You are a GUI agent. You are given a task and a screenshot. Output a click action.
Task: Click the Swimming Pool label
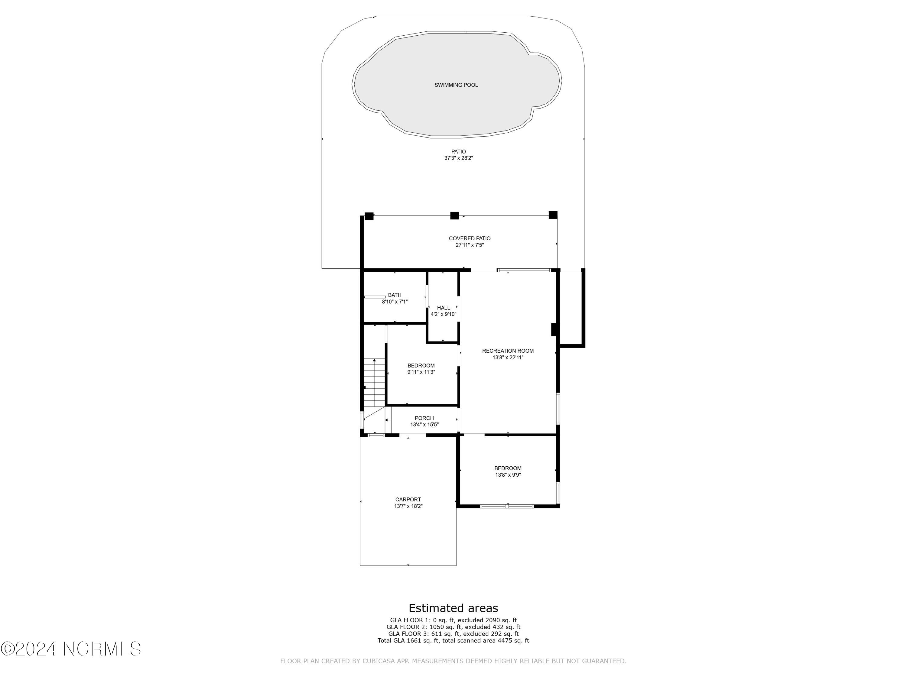[x=456, y=85]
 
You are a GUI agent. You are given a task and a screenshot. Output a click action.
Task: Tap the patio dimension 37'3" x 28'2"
[x=458, y=158]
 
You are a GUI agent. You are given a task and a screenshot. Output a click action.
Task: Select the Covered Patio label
[x=470, y=238]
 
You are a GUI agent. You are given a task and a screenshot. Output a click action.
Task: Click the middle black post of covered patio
[x=454, y=215]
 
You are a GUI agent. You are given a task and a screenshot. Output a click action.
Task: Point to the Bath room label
[x=395, y=295]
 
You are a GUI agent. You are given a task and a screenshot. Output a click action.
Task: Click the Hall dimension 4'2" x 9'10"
[x=443, y=314]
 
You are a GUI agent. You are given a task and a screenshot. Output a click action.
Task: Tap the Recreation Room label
[x=508, y=351]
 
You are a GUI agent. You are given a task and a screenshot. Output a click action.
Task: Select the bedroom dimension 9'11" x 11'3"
[x=421, y=372]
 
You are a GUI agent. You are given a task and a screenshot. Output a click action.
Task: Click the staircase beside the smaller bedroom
[x=374, y=383]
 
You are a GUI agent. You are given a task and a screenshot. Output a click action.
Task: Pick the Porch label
[x=424, y=418]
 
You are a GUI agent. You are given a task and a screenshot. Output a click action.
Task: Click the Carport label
[x=408, y=500]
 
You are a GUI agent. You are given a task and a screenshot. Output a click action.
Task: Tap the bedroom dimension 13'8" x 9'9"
[x=508, y=475]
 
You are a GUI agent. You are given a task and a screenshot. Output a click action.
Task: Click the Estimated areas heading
[x=453, y=608]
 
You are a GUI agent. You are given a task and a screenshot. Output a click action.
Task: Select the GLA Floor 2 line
[x=453, y=627]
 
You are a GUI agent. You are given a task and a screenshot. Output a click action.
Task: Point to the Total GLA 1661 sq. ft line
[x=453, y=640]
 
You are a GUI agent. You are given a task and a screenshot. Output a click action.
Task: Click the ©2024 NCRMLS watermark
[x=71, y=649]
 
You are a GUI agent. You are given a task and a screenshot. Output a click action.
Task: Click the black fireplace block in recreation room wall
[x=554, y=329]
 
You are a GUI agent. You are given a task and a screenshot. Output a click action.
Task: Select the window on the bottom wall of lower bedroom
[x=507, y=506]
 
